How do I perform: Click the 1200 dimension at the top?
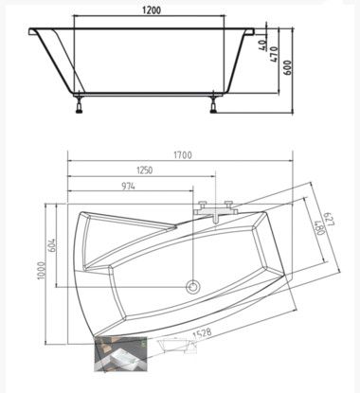pyautogui.click(x=152, y=10)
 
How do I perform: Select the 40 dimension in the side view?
pyautogui.click(x=263, y=45)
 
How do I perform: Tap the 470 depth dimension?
pyautogui.click(x=274, y=54)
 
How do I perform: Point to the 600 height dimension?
pyautogui.click(x=288, y=67)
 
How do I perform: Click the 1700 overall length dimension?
pyautogui.click(x=183, y=155)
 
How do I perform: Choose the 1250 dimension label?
pyautogui.click(x=144, y=170)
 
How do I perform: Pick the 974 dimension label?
pyautogui.click(x=128, y=187)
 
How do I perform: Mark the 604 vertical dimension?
pyautogui.click(x=52, y=245)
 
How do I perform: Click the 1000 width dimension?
pyautogui.click(x=41, y=271)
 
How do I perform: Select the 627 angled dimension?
pyautogui.click(x=330, y=219)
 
